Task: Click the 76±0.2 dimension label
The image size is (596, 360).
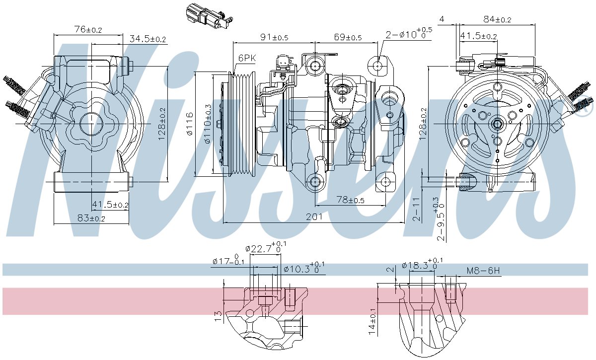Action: (88, 30)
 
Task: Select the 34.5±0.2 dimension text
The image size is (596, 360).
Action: (148, 39)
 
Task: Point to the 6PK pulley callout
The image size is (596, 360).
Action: (247, 58)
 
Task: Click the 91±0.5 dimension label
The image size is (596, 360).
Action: (275, 37)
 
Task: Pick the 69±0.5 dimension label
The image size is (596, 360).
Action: (348, 37)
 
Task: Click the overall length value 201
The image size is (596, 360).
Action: (314, 216)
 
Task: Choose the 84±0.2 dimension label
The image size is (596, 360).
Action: (497, 19)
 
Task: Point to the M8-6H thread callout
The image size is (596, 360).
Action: (483, 271)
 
